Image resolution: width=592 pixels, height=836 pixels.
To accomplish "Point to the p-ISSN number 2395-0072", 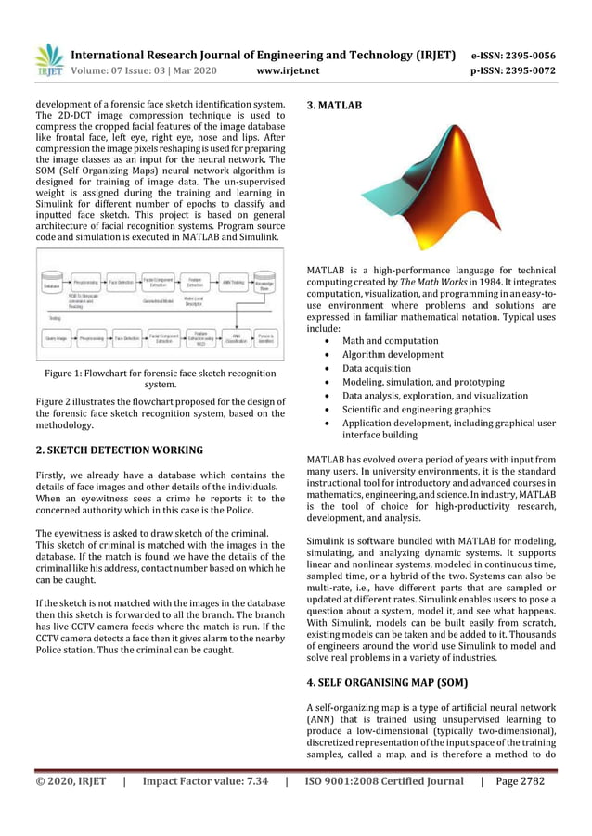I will coord(527,70).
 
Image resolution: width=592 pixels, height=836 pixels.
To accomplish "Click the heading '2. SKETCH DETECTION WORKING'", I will coord(119,450).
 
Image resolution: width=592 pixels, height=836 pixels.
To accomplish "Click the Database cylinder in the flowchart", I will coord(51,282).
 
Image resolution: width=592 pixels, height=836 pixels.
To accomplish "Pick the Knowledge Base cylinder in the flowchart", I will coord(264,282).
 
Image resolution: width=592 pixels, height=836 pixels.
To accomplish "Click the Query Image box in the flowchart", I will coord(56,339).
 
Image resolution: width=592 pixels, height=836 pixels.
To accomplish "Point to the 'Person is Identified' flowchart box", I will coord(265,339).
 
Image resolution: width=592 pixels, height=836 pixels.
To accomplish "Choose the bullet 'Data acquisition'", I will coord(381,368).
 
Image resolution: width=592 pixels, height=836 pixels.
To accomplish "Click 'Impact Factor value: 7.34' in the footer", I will coord(205,781).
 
